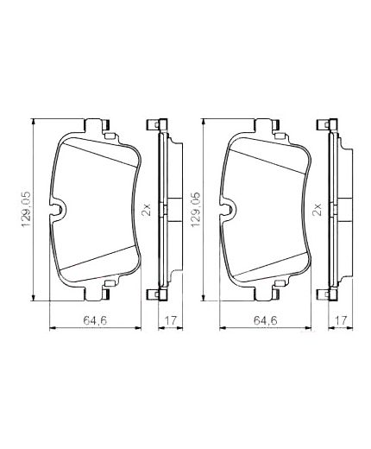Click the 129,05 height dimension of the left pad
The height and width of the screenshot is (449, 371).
(x=26, y=208)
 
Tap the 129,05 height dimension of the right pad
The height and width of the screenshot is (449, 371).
(x=195, y=208)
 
